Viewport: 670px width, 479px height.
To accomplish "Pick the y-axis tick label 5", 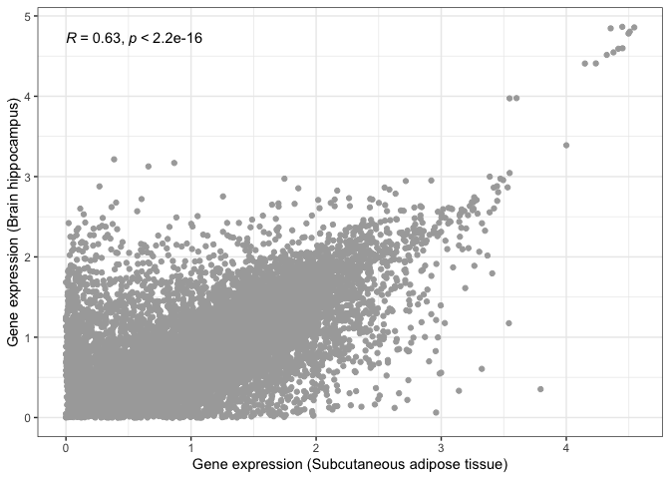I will pyautogui.click(x=26, y=16).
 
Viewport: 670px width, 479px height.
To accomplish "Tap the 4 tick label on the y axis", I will pyautogui.click(x=26, y=97).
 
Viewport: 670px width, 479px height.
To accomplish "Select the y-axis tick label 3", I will pyautogui.click(x=26, y=177).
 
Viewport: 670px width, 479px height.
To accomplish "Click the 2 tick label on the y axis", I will pyautogui.click(x=26, y=257).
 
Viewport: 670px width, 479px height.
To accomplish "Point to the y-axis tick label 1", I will pyautogui.click(x=26, y=337).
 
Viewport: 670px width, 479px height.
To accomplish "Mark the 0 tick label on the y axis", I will pyautogui.click(x=26, y=417).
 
